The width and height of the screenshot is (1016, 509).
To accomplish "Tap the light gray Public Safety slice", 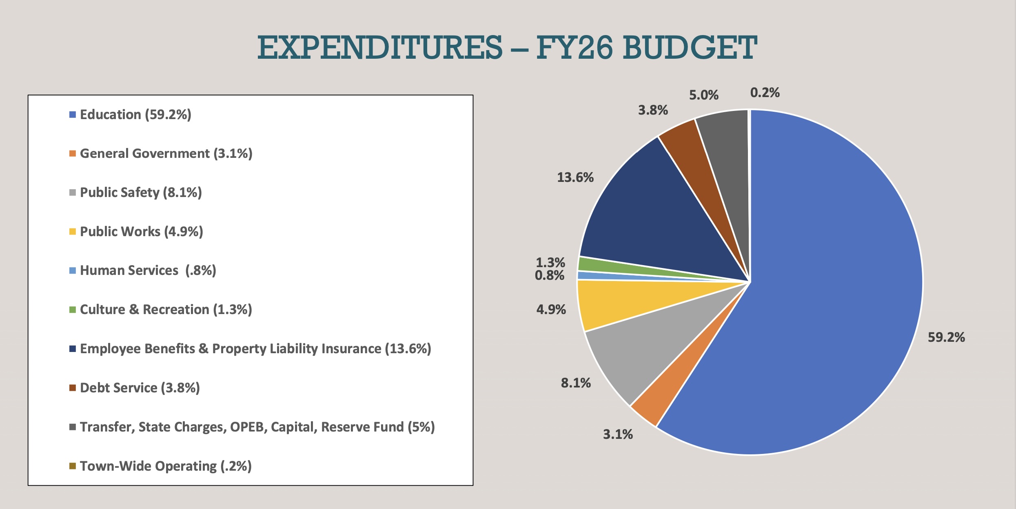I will coord(645,351).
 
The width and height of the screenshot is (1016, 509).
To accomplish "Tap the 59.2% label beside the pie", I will coord(946,337).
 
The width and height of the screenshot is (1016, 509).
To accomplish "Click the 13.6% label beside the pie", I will coord(575,177).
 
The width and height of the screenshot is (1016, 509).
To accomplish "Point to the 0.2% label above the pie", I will coord(765,93).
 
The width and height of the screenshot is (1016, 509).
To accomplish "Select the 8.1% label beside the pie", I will coord(576,383).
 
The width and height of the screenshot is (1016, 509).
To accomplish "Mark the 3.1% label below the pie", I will coord(618,434).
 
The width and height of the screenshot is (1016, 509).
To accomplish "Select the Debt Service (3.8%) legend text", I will coord(140,388).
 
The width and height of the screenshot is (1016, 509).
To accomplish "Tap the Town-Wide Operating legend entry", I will coord(165,466).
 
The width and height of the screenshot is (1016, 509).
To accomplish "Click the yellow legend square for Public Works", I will coord(73,232).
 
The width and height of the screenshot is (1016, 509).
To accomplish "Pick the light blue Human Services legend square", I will coord(73,271).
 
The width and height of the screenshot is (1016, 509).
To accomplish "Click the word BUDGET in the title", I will coord(690,48).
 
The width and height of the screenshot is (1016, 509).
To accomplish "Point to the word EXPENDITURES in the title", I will coord(379,48).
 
